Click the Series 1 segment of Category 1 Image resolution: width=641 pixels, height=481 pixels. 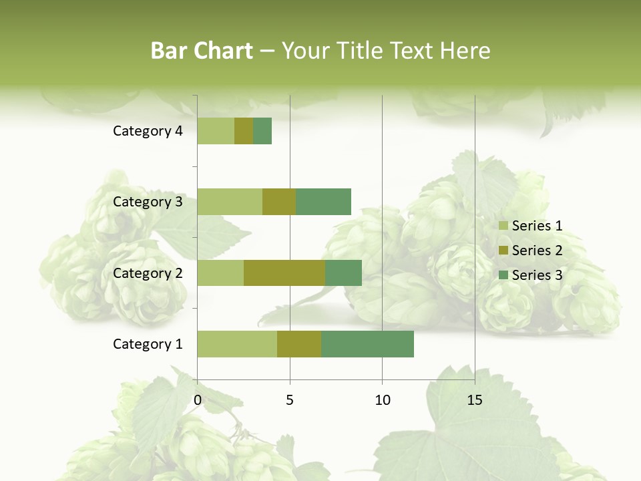(237, 344)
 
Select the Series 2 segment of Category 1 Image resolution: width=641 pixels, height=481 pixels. (299, 344)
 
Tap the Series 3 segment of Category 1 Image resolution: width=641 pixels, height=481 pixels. (367, 344)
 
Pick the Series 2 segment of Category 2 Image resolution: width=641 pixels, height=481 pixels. (284, 273)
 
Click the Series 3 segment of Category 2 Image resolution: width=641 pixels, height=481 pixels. (343, 273)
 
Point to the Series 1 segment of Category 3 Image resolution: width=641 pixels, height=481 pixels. (230, 202)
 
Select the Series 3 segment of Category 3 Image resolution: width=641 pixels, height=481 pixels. (323, 202)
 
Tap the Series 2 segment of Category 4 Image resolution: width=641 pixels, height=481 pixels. (244, 131)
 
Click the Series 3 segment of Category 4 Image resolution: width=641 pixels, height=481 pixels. (262, 131)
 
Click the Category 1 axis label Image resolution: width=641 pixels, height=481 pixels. (148, 344)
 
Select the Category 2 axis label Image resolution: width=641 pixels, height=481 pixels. (148, 273)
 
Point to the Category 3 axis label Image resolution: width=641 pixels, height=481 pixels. (148, 202)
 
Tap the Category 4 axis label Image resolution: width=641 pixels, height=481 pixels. (148, 131)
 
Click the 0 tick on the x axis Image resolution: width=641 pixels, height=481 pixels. (198, 400)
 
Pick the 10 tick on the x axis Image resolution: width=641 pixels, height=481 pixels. (382, 400)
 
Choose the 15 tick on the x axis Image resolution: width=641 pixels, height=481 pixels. (475, 400)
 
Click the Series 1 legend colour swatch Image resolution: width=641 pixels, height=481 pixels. (503, 226)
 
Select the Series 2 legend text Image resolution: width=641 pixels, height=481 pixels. (537, 251)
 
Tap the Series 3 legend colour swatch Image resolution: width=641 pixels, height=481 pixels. (503, 275)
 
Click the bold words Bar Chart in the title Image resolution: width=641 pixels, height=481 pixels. (202, 51)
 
